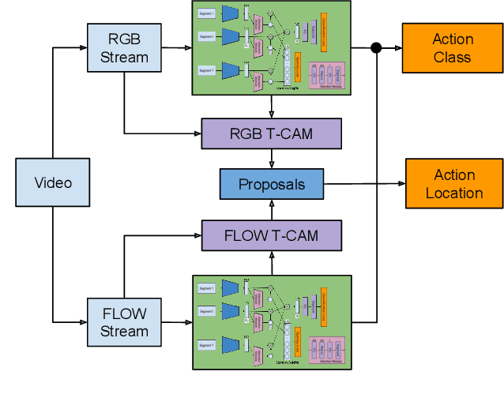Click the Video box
[x=53, y=183]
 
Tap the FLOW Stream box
[x=124, y=322]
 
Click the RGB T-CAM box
[x=271, y=133]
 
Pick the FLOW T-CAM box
[x=271, y=235]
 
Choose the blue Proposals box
[x=271, y=184]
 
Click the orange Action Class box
[x=453, y=47]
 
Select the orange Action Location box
[x=453, y=184]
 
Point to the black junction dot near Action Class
[x=376, y=48]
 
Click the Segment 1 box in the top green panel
[x=207, y=13]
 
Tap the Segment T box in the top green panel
[x=207, y=70]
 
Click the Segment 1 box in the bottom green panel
[x=207, y=288]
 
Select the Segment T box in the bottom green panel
[x=207, y=345]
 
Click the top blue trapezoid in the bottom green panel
[x=231, y=288]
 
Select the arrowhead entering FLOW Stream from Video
[x=83, y=322]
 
